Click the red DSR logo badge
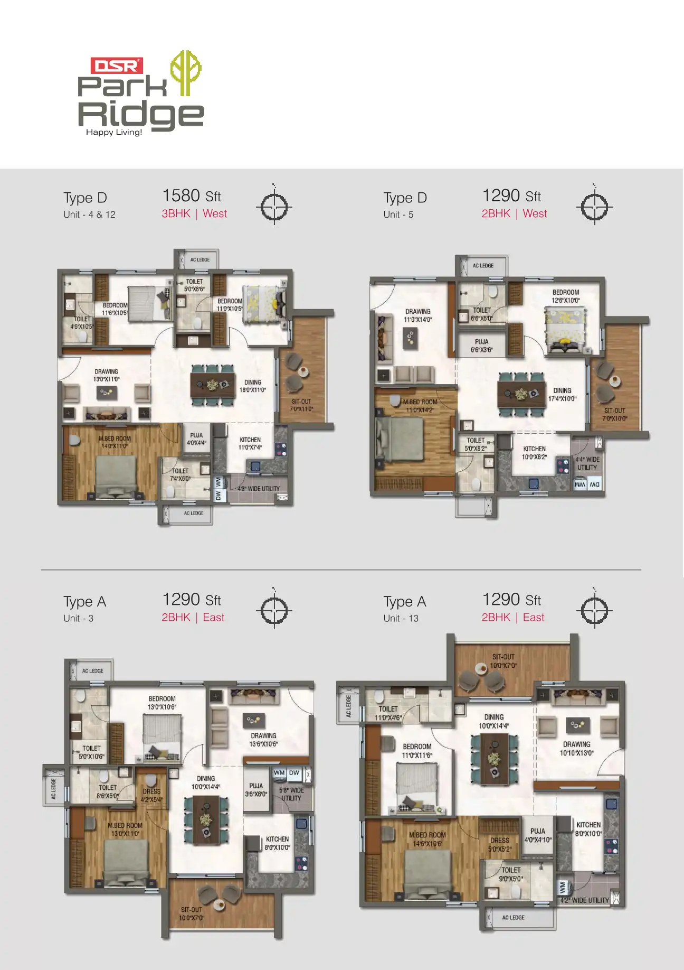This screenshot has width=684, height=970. pos(117,66)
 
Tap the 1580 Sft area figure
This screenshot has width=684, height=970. pos(191,196)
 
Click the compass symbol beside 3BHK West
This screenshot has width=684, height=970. pos(274,207)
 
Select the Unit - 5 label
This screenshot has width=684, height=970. pos(398,214)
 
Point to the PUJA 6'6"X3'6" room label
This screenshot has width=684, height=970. pos(481,346)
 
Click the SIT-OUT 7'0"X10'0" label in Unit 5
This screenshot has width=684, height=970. pos(614,414)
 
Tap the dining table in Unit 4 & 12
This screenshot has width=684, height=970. pos(213,385)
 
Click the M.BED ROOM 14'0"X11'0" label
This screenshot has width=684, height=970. pos(115,442)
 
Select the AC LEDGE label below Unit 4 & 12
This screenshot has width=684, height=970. pos(193,513)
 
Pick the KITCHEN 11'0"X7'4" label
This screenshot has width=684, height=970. pos(250,443)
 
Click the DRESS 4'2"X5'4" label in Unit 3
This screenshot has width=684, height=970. pos(151,795)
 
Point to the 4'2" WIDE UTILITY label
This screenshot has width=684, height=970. pos(584,900)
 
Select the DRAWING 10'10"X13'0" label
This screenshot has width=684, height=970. pos(576,748)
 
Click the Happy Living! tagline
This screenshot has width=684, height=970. pos(114,132)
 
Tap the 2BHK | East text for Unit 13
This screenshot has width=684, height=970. pos(512,617)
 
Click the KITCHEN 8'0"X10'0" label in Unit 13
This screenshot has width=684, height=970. pos(588,829)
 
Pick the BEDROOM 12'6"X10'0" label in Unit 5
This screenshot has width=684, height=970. pos(566,296)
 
